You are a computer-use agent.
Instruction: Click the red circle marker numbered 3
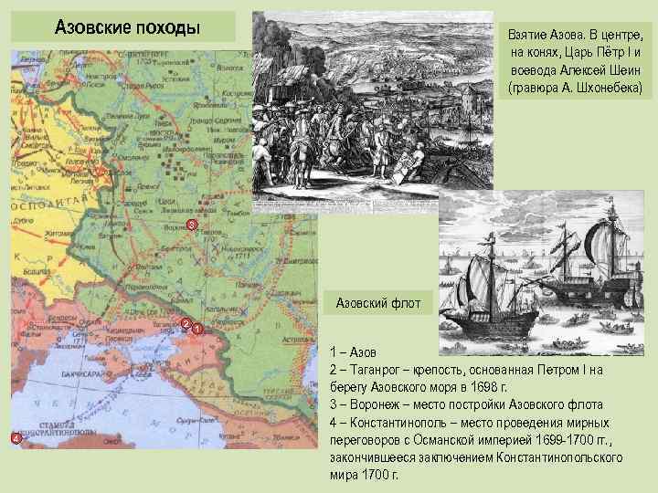click(191, 225)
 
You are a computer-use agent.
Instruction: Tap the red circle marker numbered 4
click(16, 440)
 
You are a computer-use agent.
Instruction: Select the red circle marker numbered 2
click(186, 324)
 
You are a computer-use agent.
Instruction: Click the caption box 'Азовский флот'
click(372, 301)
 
